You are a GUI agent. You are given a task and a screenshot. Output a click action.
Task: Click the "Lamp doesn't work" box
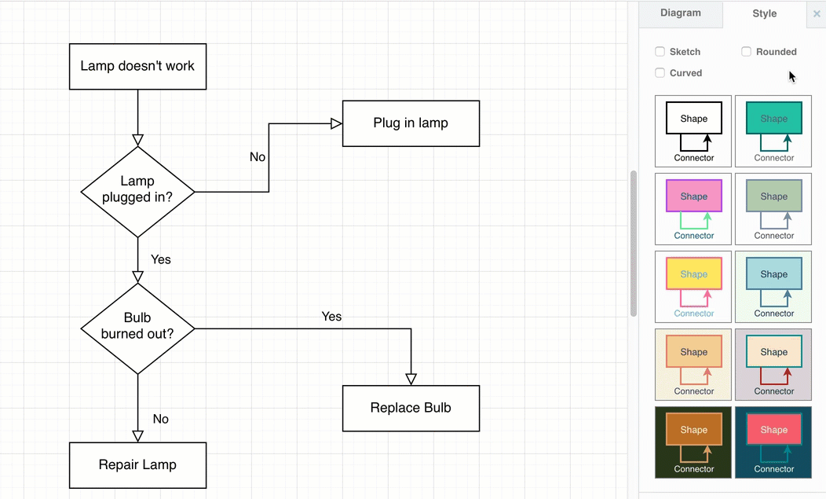click(137, 66)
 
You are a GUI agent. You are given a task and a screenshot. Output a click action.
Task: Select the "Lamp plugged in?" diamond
click(137, 191)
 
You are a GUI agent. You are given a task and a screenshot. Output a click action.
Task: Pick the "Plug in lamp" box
click(411, 123)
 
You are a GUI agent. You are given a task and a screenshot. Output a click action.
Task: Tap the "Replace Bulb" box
click(411, 408)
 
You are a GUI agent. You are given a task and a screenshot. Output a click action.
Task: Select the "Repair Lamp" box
click(137, 464)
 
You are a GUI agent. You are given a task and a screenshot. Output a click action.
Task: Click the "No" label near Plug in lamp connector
click(258, 157)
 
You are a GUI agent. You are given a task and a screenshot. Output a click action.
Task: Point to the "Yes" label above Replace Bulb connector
click(331, 317)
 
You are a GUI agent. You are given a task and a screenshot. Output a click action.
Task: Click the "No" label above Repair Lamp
click(161, 419)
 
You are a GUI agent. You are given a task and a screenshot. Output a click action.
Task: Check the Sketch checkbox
click(660, 52)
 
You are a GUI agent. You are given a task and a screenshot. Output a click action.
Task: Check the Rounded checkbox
click(747, 52)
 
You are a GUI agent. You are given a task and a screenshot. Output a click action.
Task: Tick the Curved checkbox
click(660, 73)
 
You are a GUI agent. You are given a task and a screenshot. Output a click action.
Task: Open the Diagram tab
click(680, 13)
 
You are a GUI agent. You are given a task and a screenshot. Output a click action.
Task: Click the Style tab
click(764, 13)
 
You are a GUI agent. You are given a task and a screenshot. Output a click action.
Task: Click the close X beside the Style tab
click(817, 14)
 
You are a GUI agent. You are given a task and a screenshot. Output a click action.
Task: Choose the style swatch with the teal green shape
click(773, 131)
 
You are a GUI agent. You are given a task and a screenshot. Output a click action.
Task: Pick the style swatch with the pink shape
click(693, 209)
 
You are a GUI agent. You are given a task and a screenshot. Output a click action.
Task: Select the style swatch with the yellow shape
click(693, 287)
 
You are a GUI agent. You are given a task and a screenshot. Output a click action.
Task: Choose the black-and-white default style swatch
click(693, 131)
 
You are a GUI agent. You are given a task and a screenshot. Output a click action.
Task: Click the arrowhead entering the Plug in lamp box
click(336, 123)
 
